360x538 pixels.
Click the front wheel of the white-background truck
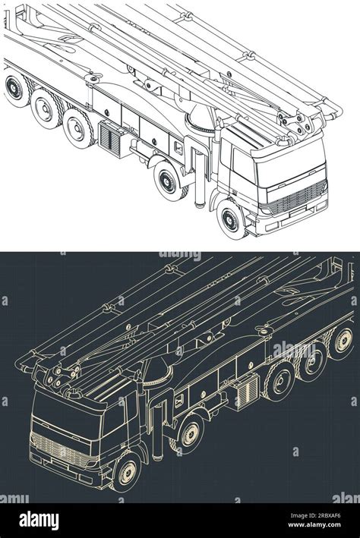pos(229,218)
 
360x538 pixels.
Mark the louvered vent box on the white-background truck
pos(111,136)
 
